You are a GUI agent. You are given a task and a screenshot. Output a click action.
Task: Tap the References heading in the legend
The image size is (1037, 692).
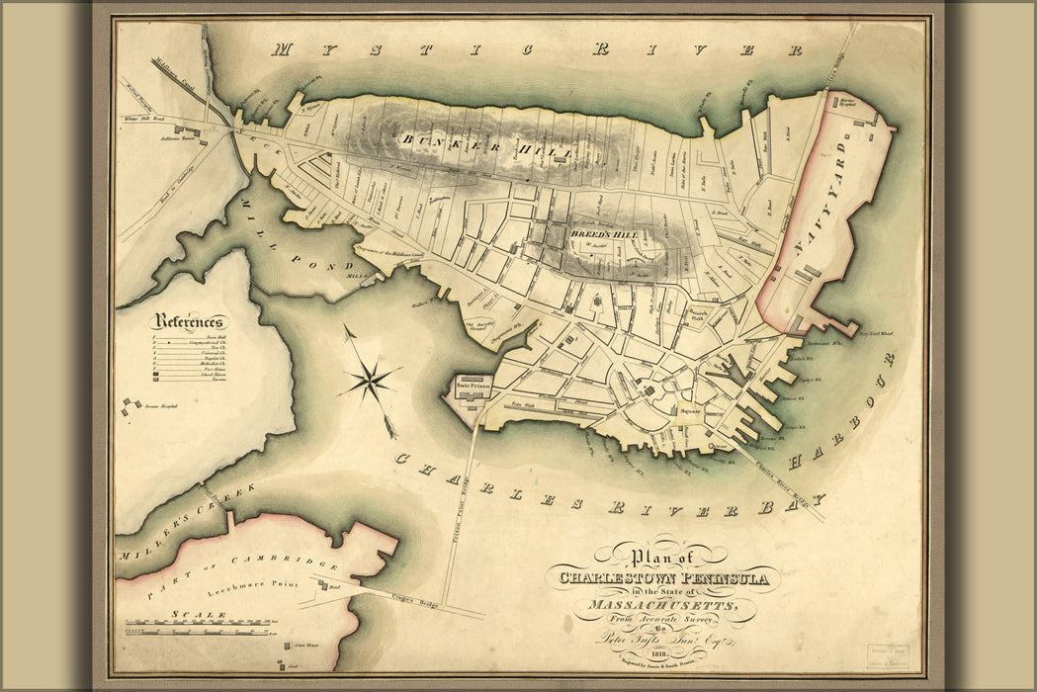pos(190,321)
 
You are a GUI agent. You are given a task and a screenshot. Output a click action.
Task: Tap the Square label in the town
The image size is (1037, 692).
pos(688,410)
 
